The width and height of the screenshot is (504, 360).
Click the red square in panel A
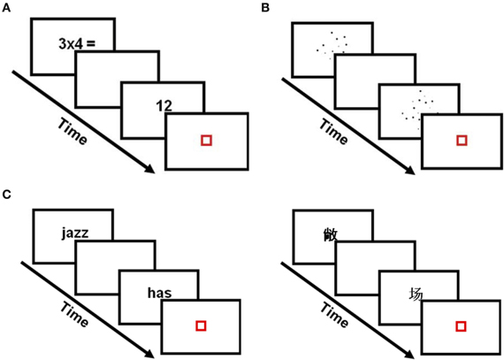coord(206,140)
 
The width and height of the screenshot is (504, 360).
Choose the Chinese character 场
coord(415,294)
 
